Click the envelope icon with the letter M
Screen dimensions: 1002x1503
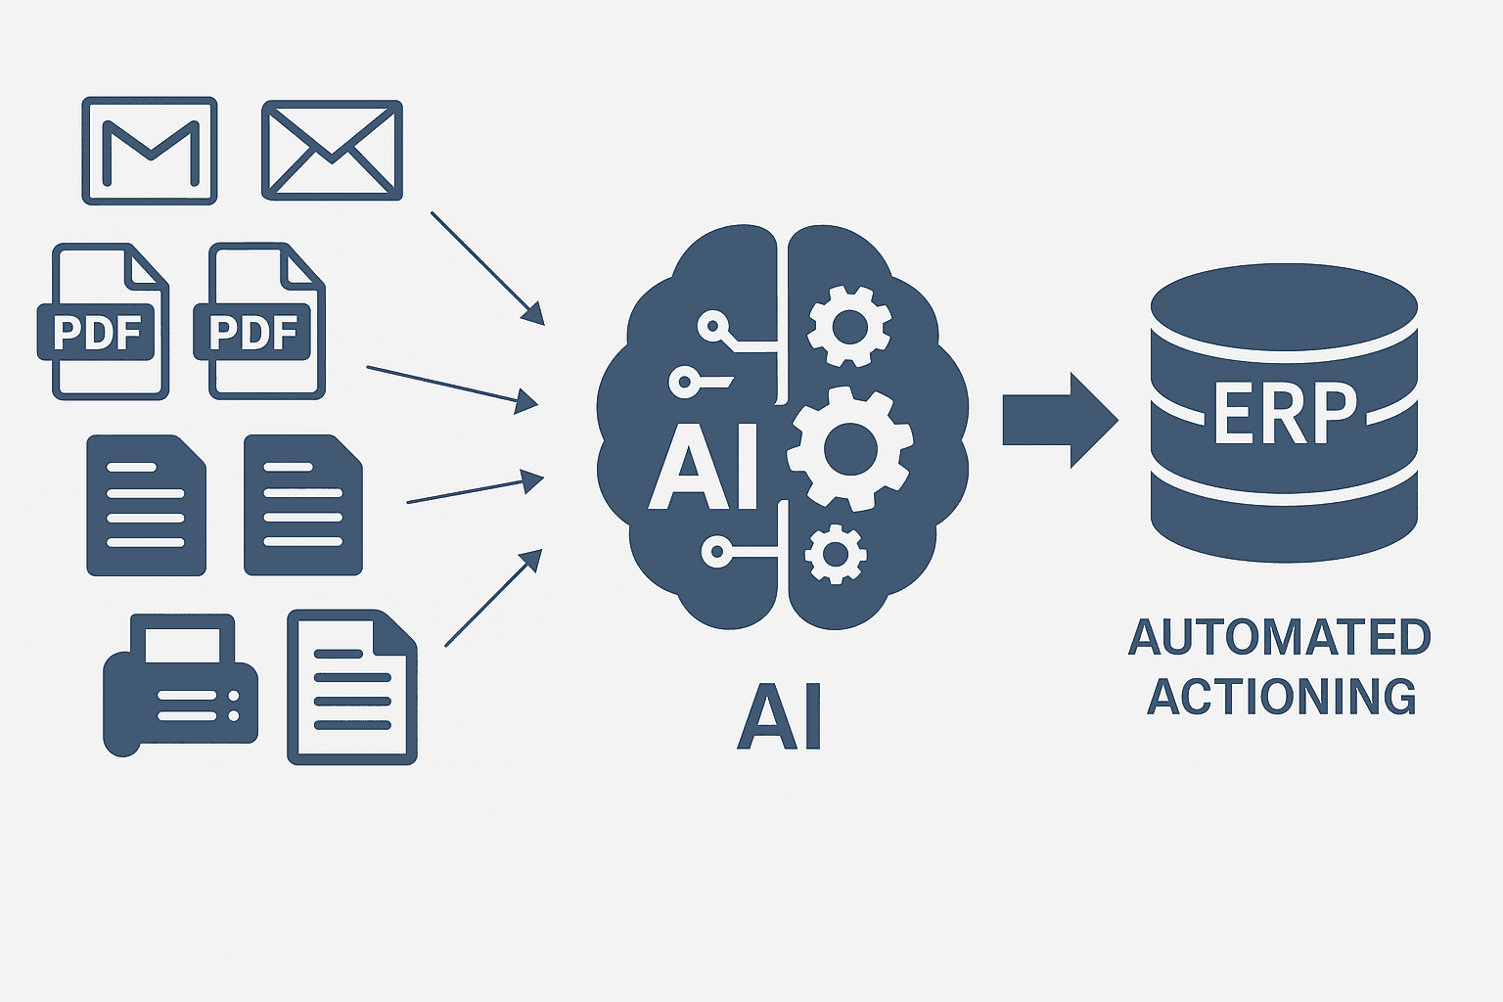(150, 151)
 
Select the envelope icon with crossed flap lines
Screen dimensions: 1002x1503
(333, 151)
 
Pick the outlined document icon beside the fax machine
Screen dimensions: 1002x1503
(352, 687)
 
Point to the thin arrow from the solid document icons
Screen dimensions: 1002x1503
(475, 489)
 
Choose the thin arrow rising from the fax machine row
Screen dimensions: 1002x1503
(492, 598)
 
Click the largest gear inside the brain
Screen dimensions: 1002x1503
(849, 449)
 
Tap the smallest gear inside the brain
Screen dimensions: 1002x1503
(835, 554)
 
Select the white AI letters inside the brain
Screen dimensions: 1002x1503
(705, 468)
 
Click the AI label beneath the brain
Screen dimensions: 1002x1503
(779, 718)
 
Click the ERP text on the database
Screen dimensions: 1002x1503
(1285, 413)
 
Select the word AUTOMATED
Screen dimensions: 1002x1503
(1280, 638)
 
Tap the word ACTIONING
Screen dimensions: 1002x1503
(1282, 697)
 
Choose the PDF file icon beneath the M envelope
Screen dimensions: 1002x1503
(101, 322)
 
